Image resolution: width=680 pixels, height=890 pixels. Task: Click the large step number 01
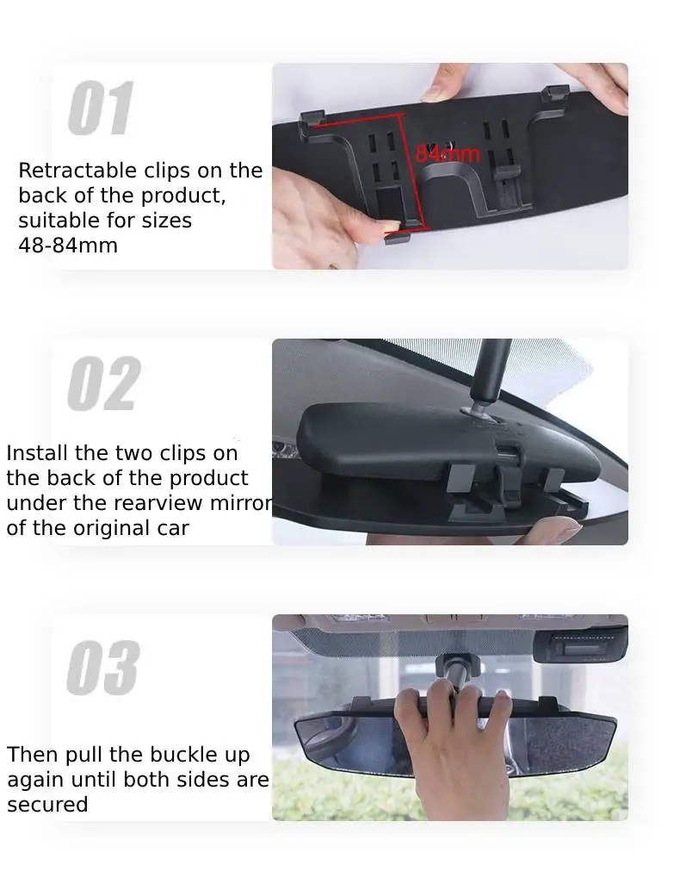click(x=101, y=108)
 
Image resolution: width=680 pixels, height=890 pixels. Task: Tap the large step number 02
click(x=104, y=383)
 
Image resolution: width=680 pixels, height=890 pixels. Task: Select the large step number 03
click(x=103, y=668)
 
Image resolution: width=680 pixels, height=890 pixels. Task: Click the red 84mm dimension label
click(x=448, y=154)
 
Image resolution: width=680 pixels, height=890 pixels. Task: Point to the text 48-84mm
click(x=68, y=246)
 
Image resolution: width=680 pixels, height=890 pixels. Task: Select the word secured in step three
click(x=47, y=805)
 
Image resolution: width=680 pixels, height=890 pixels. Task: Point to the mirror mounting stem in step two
click(x=490, y=375)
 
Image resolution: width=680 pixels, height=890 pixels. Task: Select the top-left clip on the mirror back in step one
click(x=312, y=118)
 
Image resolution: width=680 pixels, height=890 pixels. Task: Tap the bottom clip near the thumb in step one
click(x=398, y=237)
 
